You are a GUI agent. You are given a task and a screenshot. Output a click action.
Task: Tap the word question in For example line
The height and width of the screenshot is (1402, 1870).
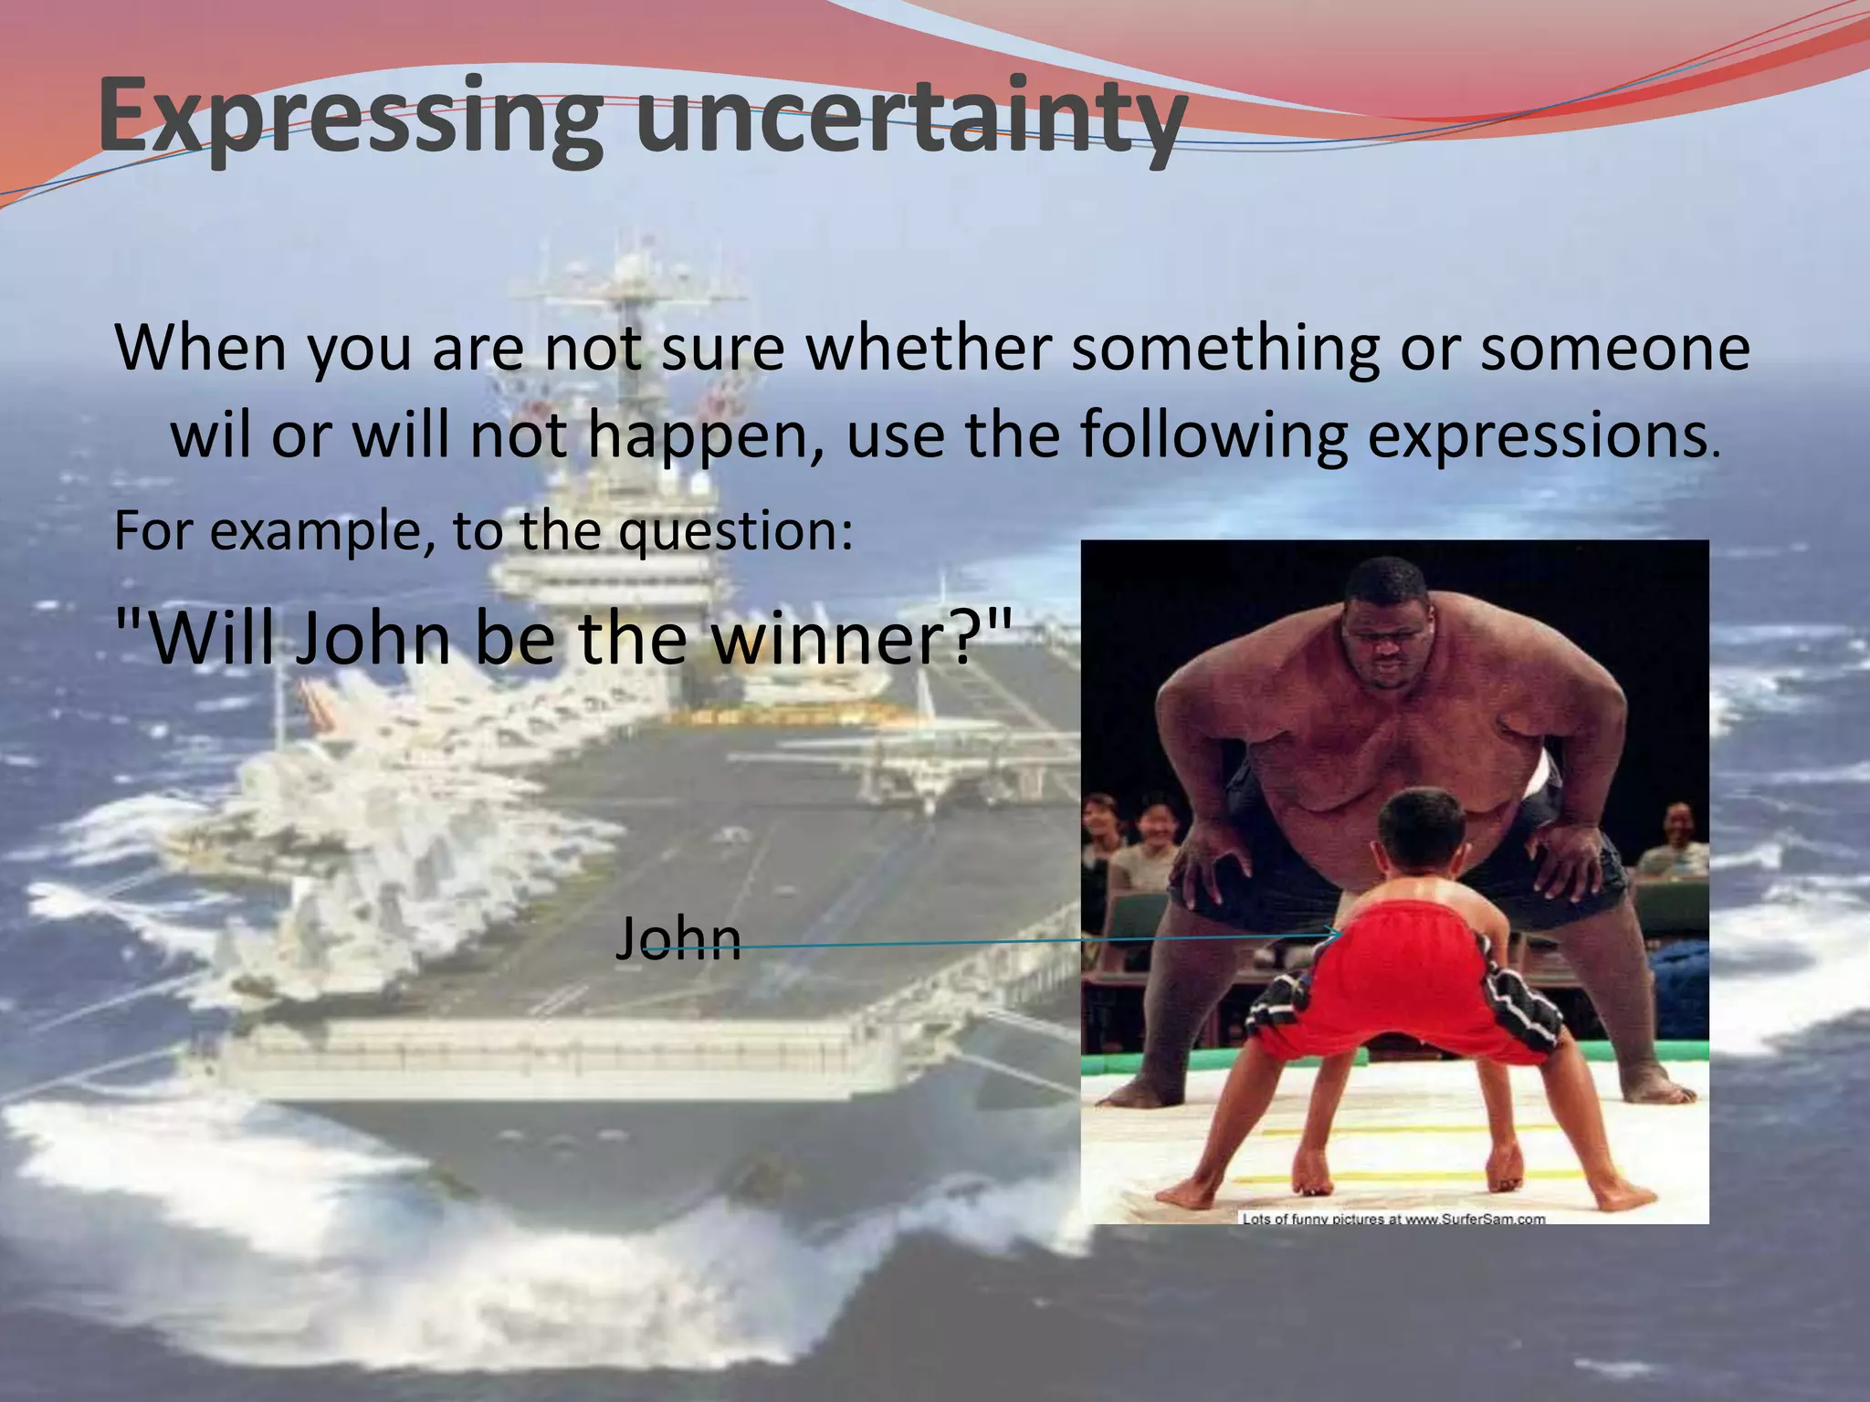[x=726, y=532]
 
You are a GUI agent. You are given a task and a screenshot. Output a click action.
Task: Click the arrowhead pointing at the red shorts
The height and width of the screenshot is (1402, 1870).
[x=1335, y=933]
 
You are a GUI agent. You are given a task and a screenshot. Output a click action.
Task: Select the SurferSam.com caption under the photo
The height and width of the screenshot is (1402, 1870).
[x=1393, y=1218]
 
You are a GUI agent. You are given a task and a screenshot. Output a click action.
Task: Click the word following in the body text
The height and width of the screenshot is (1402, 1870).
[x=1213, y=436]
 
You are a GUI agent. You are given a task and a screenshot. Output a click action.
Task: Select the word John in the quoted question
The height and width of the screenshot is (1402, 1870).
[x=373, y=638]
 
